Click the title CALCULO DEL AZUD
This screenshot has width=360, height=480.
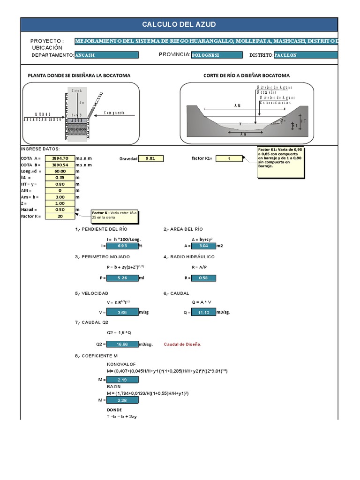click(x=179, y=25)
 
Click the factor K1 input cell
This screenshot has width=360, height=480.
click(x=229, y=159)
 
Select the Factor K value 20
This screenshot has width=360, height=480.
click(x=60, y=216)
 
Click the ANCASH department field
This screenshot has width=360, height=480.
click(x=106, y=55)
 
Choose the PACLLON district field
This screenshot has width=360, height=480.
click(x=305, y=55)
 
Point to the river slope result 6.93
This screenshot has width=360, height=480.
click(x=122, y=245)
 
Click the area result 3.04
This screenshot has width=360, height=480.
click(x=203, y=245)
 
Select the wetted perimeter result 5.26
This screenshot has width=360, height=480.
click(x=122, y=278)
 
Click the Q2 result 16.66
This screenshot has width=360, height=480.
click(x=122, y=344)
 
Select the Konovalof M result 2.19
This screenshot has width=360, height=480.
click(x=122, y=379)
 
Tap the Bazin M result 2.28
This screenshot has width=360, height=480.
click(x=122, y=400)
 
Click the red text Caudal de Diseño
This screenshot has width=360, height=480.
click(x=183, y=344)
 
